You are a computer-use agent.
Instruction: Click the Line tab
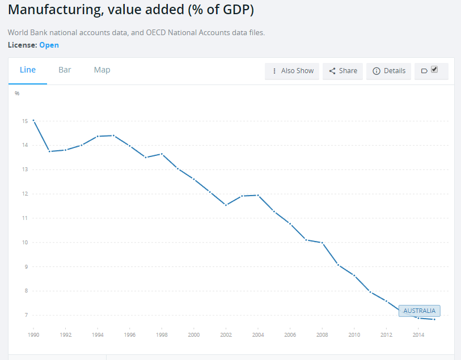[28, 70]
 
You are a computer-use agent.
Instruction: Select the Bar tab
[65, 70]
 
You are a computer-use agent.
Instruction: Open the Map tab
[102, 70]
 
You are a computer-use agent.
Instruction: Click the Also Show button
[292, 71]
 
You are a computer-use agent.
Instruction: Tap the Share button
[343, 71]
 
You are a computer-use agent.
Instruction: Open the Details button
[388, 71]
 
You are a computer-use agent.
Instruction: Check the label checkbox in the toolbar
[434, 69]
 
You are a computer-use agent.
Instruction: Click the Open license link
[49, 45]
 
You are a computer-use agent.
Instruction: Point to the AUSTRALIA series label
[419, 311]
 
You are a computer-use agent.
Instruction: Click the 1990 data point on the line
[33, 121]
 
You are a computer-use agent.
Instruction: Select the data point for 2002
[226, 205]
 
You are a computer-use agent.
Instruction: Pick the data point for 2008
[322, 243]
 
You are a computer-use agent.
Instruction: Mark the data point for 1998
[162, 154]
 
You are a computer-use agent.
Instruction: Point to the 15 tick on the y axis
[25, 121]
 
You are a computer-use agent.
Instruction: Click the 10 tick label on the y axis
[25, 243]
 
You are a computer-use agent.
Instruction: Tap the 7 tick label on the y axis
[27, 315]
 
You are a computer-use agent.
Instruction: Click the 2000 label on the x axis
[194, 334]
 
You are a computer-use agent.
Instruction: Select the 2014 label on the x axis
[418, 334]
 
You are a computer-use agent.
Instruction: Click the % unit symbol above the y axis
[17, 94]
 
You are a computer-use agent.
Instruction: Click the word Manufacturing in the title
[56, 10]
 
